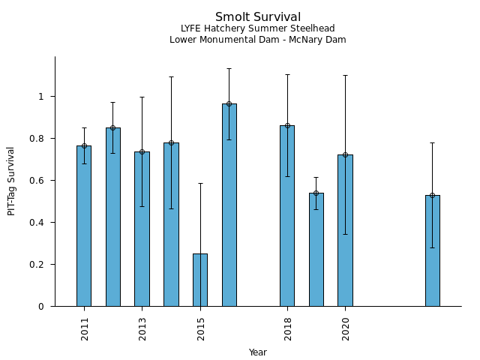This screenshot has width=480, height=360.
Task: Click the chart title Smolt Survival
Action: [258, 17]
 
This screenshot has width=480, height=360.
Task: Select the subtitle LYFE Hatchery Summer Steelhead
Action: [258, 28]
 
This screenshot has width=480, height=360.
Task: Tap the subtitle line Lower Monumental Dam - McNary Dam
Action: [258, 40]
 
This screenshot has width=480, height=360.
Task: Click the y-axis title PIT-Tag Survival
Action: [11, 181]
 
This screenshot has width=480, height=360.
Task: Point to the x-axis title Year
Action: [258, 352]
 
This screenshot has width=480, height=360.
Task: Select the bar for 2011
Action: [84, 226]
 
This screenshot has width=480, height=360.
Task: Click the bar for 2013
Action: [142, 229]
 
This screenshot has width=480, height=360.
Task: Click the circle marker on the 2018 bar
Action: [287, 125]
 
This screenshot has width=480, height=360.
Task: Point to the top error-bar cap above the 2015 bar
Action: [200, 183]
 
